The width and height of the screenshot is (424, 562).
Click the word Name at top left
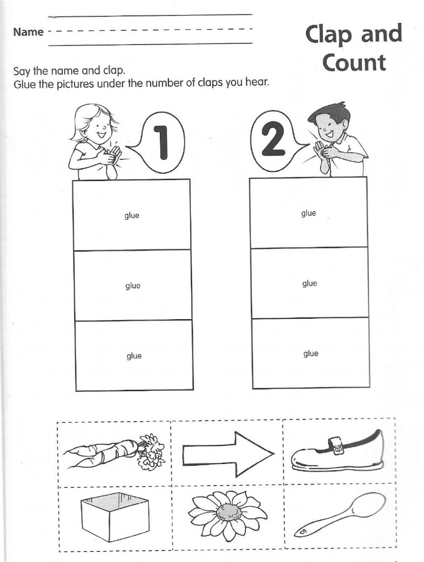click(28, 32)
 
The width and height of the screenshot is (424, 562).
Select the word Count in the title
click(354, 63)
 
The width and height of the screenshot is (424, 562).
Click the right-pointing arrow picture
click(228, 454)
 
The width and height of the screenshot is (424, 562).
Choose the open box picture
click(115, 519)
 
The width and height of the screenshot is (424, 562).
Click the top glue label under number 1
click(132, 215)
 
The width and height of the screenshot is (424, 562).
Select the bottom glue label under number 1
click(134, 356)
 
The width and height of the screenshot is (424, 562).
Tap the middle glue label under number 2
click(310, 284)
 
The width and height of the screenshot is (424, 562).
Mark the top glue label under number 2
click(309, 213)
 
